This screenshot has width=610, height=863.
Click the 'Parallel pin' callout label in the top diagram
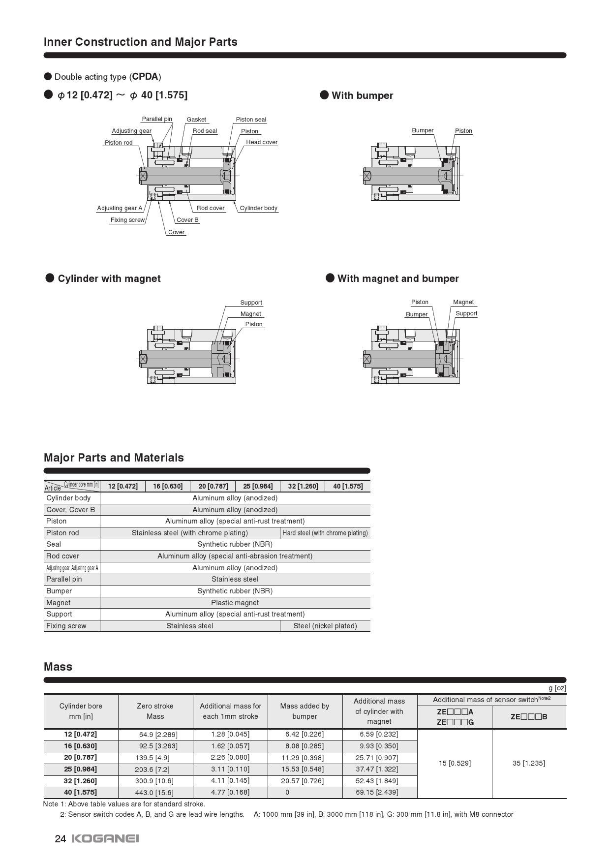point(157,119)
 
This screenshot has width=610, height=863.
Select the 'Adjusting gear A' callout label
point(120,208)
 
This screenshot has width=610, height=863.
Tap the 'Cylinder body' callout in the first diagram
point(258,208)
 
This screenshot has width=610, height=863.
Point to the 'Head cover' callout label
point(262,142)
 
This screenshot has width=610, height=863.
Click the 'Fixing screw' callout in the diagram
point(127,220)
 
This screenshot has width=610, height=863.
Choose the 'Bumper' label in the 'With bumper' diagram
point(423,130)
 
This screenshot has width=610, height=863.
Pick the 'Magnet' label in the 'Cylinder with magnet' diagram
point(250,314)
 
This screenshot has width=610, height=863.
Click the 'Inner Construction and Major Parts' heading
point(141,42)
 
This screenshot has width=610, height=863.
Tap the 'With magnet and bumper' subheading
point(398,278)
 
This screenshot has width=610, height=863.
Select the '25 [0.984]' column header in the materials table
point(258,486)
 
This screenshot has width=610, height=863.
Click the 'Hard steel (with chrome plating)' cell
point(325,533)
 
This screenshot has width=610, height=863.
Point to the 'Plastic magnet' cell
point(235,603)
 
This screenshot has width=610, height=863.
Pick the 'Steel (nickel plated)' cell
point(325,626)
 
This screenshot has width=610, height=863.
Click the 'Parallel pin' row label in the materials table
point(64,579)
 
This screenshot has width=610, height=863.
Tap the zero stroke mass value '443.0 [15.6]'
point(154,793)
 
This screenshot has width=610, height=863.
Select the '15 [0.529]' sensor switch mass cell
point(455,763)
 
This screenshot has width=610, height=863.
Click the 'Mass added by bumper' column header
point(305,711)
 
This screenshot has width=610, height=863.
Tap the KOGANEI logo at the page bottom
point(105,838)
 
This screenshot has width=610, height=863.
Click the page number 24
point(60,839)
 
